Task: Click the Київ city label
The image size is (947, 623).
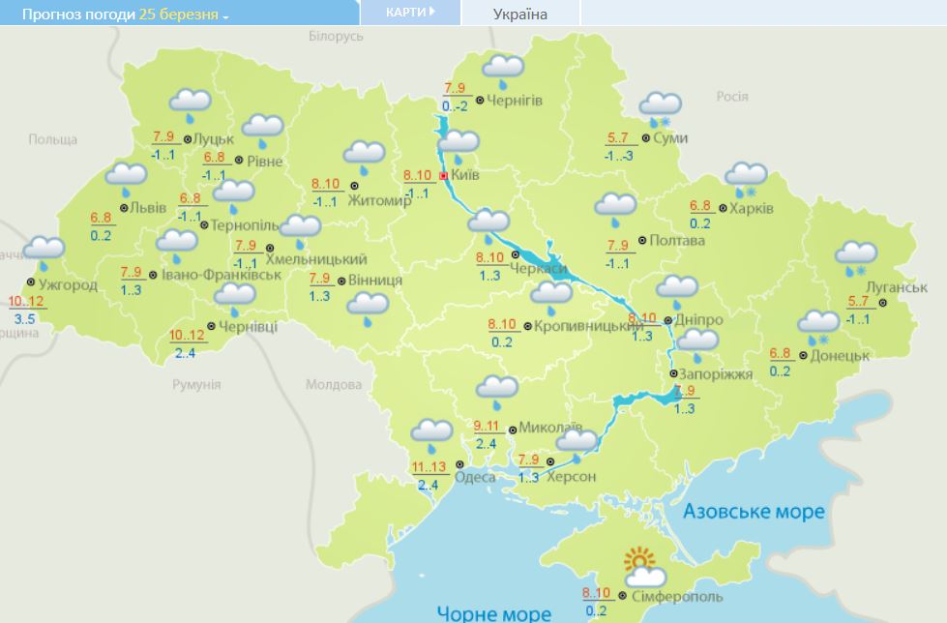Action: [x=465, y=175]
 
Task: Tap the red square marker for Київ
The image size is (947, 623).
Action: [x=443, y=176]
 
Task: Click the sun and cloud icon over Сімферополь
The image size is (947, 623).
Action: [x=640, y=565]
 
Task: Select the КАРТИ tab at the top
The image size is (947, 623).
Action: [x=409, y=12]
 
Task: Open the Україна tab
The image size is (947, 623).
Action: [x=520, y=14]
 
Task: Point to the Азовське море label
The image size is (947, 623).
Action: [x=754, y=511]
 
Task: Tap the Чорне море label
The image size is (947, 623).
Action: [x=493, y=612]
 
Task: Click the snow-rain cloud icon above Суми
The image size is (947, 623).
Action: [x=661, y=108]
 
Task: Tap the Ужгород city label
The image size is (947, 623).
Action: [x=68, y=284]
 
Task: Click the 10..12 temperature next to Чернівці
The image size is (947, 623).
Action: [x=187, y=335]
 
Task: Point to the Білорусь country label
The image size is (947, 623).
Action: [x=335, y=36]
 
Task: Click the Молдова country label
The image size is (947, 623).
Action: [x=333, y=384]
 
